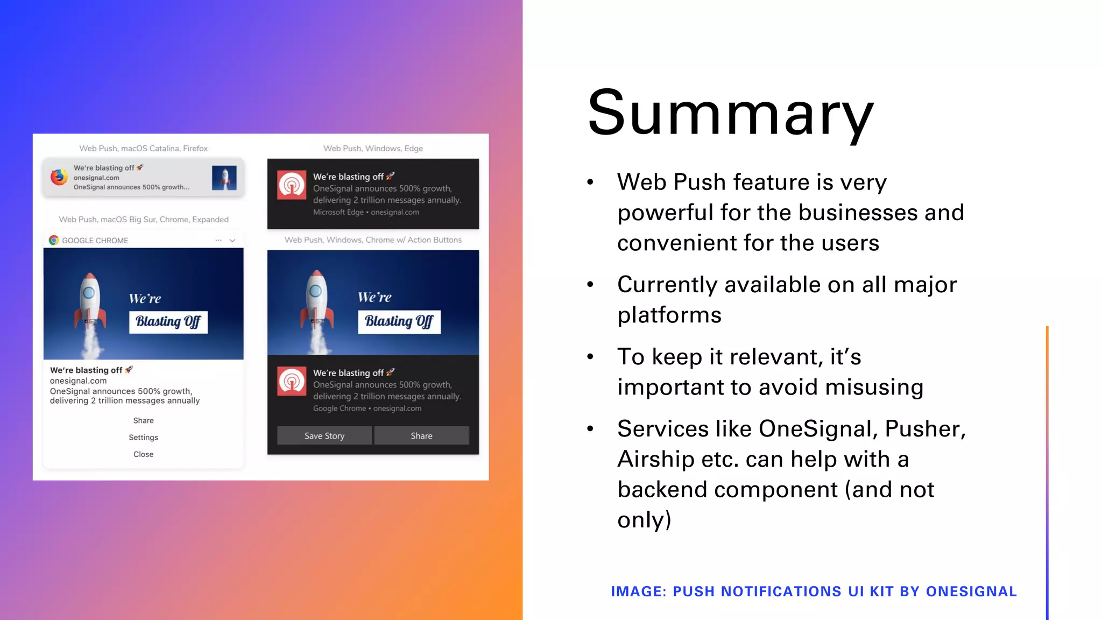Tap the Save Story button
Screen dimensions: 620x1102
click(x=324, y=436)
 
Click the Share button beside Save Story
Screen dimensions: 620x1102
click(x=421, y=436)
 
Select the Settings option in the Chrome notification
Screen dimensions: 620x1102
click(x=143, y=438)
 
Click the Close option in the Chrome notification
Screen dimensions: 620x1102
click(x=143, y=454)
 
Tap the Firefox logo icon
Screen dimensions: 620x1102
click(x=59, y=177)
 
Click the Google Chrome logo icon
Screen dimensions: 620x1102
click(x=54, y=241)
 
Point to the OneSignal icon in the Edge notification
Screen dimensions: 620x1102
click(x=292, y=185)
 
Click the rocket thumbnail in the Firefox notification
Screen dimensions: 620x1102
click(x=224, y=178)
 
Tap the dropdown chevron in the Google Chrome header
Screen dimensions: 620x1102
click(x=232, y=241)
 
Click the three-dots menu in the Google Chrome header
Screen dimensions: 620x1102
click(x=218, y=241)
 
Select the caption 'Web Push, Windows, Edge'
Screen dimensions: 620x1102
click(x=373, y=149)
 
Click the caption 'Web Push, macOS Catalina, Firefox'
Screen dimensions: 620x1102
click(x=143, y=149)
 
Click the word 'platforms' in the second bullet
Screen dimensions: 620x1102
click(x=669, y=315)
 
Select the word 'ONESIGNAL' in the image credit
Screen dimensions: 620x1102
click(x=971, y=591)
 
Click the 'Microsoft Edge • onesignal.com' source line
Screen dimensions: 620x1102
click(x=366, y=213)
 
